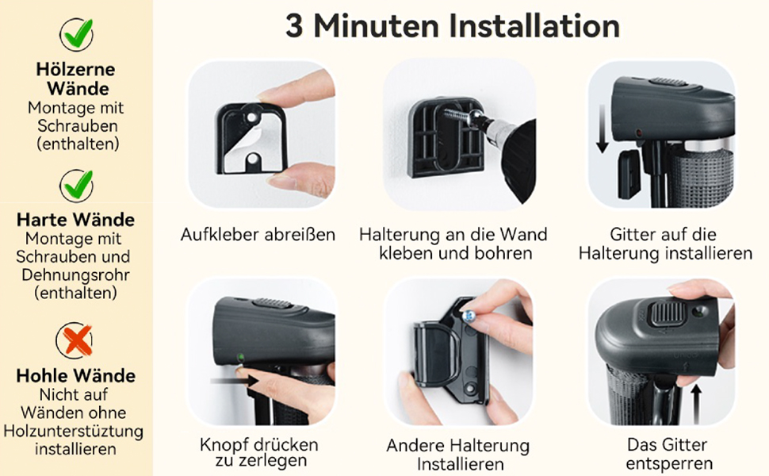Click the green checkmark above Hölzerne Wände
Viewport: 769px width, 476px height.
coord(76,34)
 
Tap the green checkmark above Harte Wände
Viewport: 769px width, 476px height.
coord(76,186)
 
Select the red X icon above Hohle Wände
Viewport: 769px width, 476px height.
coord(75,340)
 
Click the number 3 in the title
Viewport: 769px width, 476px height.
coord(294,26)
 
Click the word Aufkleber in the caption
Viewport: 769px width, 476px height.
coord(220,235)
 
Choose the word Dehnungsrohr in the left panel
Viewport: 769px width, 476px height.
coord(75,274)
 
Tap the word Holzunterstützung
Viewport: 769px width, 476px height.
coord(74,431)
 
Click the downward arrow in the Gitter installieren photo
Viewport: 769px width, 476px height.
coord(603,129)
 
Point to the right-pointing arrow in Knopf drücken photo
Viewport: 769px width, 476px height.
coord(235,380)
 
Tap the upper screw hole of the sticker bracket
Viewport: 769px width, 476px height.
coord(252,118)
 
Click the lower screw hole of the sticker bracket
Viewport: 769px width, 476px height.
coord(252,159)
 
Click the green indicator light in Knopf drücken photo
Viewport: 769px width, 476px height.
coord(240,357)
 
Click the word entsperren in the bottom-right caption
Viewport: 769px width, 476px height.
coord(669,464)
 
